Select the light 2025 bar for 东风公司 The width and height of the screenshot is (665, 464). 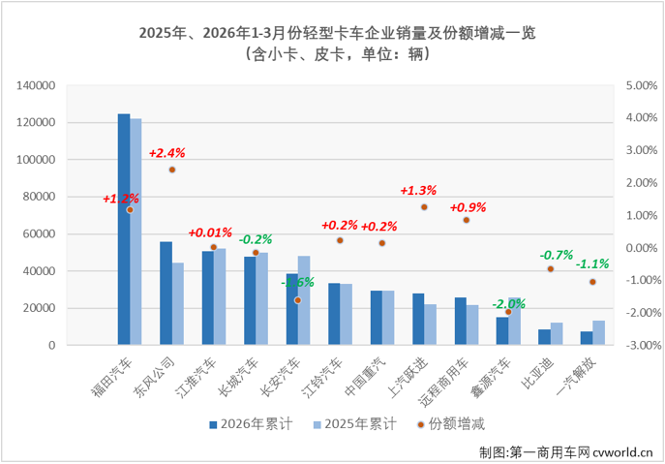coord(178,303)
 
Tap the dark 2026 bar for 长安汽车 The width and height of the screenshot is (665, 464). coord(291,309)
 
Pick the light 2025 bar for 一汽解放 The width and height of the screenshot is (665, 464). coord(599,332)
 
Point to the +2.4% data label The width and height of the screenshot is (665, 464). coord(166,153)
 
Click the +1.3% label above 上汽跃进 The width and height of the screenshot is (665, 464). coord(419,191)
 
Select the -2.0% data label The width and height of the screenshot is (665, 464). coord(508,304)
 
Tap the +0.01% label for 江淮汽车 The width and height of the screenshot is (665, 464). coord(210,232)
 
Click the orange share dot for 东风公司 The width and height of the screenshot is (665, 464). coord(172,170)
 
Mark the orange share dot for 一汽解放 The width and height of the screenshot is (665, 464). coord(593,282)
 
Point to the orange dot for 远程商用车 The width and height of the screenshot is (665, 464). coord(467,220)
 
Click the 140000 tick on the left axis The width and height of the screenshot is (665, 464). coord(38,86)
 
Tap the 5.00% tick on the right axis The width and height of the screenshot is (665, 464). coord(643,86)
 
